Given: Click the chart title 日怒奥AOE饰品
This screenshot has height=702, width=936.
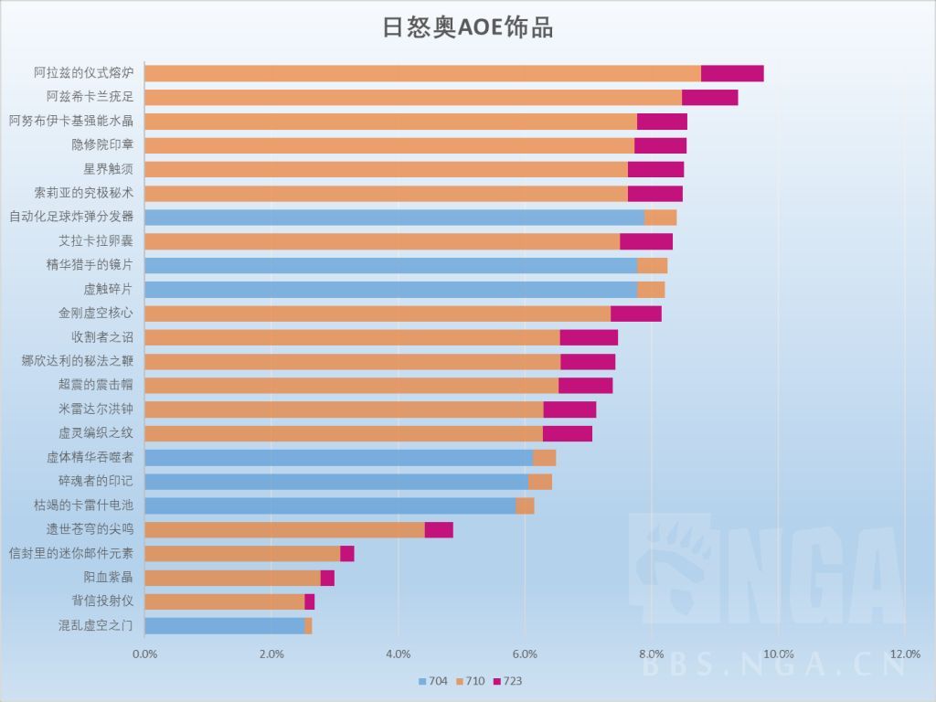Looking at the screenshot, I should click(x=467, y=27).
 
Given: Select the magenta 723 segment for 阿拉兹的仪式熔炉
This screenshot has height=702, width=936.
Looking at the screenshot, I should click(x=732, y=74).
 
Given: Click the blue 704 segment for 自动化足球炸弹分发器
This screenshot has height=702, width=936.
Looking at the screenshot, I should click(x=394, y=217).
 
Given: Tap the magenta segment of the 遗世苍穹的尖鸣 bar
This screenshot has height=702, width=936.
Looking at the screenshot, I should click(x=439, y=529).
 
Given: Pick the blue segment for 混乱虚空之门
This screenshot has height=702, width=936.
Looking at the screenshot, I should click(x=224, y=625).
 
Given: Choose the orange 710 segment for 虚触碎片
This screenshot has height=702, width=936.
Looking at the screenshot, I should click(x=651, y=289).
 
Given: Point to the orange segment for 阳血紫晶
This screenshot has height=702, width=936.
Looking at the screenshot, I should click(x=232, y=578).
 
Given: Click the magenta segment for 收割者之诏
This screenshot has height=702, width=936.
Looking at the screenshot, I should click(x=589, y=337).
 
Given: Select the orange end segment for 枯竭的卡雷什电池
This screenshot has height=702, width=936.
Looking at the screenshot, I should click(x=525, y=505).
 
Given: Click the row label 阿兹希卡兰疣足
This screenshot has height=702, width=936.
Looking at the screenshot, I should click(x=90, y=97).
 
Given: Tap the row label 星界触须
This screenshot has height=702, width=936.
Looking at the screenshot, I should click(x=109, y=169).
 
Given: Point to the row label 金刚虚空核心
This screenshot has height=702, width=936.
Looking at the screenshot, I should click(x=96, y=313).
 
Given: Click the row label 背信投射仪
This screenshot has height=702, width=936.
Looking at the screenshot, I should click(x=102, y=601).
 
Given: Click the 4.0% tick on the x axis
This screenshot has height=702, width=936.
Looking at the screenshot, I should click(x=398, y=654).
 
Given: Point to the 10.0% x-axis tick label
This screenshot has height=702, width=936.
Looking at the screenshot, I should click(x=778, y=654).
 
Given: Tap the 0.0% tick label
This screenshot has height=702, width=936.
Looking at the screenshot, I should click(x=144, y=654).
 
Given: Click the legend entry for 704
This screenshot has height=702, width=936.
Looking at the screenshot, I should click(x=431, y=681).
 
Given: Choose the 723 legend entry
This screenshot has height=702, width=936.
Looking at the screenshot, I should click(x=507, y=681).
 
